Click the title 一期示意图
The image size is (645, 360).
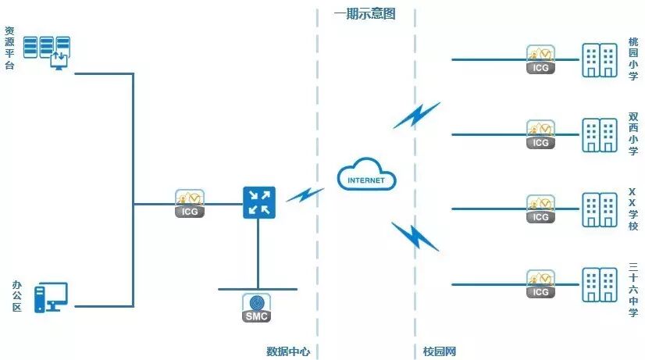pyautogui.click(x=365, y=13)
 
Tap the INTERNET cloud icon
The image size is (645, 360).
pyautogui.click(x=366, y=176)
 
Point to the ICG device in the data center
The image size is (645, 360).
pyautogui.click(x=190, y=203)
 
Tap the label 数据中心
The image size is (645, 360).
pyautogui.click(x=288, y=351)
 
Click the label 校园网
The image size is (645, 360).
pyautogui.click(x=439, y=351)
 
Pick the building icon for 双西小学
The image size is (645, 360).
pyautogui.click(x=599, y=135)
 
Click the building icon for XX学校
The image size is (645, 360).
pyautogui.click(x=599, y=210)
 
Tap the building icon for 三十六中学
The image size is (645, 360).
pyautogui.click(x=599, y=285)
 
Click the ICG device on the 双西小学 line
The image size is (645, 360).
pyautogui.click(x=540, y=134)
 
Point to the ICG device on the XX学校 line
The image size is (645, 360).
pyautogui.click(x=540, y=209)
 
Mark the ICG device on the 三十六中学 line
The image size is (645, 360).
pyautogui.click(x=540, y=284)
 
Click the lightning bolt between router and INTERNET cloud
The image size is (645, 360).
pyautogui.click(x=305, y=194)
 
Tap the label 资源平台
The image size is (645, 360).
pyautogui.click(x=9, y=48)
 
